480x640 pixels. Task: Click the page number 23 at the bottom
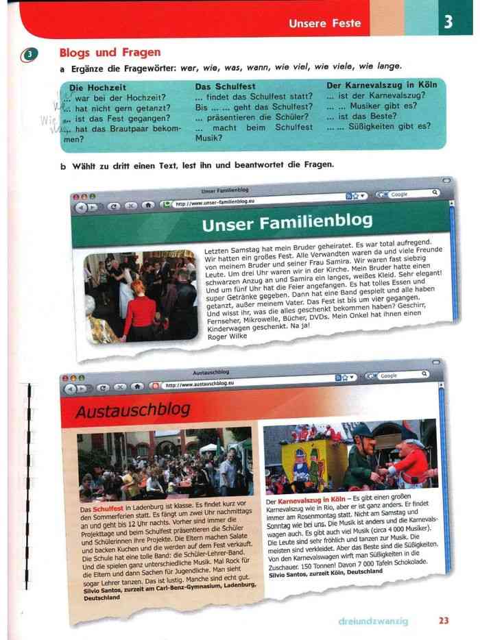pos(444,621)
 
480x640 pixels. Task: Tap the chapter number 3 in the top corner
pos(448,22)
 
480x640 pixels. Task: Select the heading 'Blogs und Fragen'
pos(110,52)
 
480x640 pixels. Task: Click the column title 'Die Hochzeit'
pos(97,88)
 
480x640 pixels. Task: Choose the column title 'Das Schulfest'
pos(225,86)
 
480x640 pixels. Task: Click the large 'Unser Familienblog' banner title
pos(288,222)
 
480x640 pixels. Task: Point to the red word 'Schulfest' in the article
pos(108,510)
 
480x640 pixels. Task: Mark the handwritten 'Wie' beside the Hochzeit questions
pos(48,121)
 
